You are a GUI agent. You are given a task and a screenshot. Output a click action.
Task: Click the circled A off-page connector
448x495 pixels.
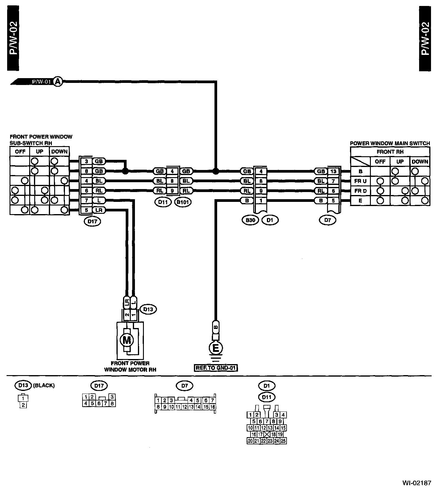(x=58, y=81)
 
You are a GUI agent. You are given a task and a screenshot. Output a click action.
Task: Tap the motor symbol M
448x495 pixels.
(x=127, y=340)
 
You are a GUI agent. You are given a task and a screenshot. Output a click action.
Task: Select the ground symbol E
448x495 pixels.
(x=216, y=348)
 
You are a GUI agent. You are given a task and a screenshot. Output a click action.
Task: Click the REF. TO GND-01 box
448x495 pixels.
(x=216, y=368)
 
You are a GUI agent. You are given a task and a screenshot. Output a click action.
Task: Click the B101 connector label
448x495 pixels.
(x=183, y=202)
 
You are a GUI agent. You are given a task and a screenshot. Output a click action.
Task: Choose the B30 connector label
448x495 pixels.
(x=250, y=220)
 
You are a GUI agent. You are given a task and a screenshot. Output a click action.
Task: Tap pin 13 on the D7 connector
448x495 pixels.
(x=333, y=171)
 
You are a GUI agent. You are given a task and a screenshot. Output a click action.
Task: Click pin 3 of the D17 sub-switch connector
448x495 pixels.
(x=86, y=161)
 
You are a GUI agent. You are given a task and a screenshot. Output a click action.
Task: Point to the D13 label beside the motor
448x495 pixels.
(x=148, y=309)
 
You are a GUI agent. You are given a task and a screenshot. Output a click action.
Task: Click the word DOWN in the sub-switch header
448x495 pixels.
(x=59, y=151)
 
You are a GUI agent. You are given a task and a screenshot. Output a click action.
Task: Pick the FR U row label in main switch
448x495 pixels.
(x=360, y=181)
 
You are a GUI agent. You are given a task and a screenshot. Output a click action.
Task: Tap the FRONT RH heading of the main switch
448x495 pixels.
(x=390, y=152)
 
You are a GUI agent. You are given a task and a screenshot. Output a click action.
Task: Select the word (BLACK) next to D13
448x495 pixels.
(x=44, y=385)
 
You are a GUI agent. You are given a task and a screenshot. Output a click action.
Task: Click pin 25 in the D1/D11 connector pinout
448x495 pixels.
(x=283, y=441)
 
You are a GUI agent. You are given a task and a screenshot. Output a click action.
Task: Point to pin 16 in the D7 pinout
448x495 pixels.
(x=213, y=407)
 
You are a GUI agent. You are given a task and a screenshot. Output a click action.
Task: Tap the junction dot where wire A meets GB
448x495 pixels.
(x=216, y=171)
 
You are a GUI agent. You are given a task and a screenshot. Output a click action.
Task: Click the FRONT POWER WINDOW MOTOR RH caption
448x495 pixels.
(x=130, y=366)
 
